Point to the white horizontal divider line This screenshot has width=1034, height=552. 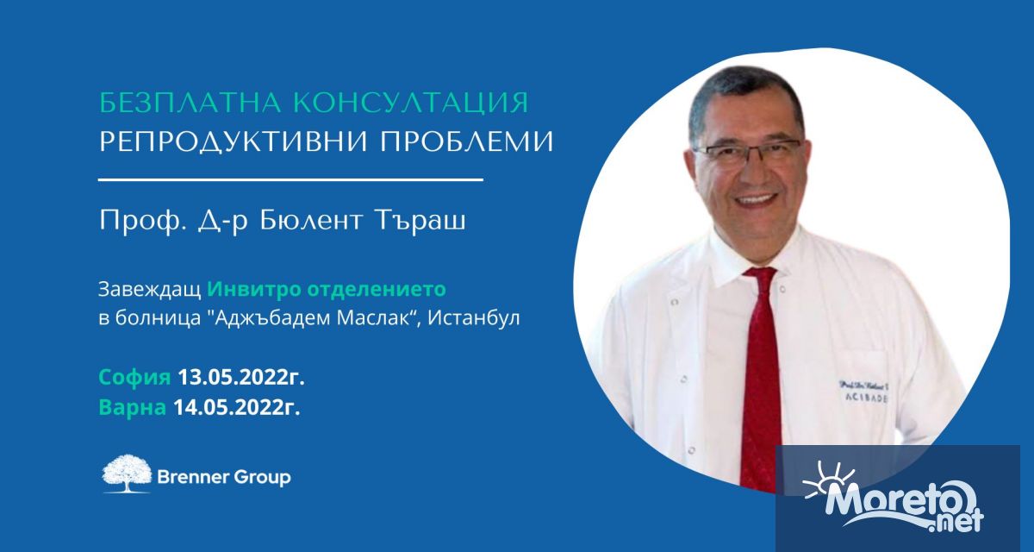click(291, 180)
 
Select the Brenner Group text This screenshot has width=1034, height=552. click(224, 477)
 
